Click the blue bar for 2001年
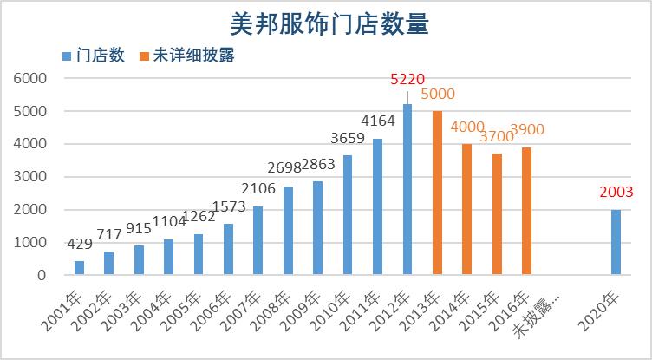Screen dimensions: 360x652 (80, 268)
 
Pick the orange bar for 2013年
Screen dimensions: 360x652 (436, 193)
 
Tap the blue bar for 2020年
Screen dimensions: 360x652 (615, 242)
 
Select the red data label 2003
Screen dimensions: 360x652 (616, 193)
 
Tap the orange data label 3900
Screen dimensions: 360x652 (527, 129)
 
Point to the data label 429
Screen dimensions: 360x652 (80, 245)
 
